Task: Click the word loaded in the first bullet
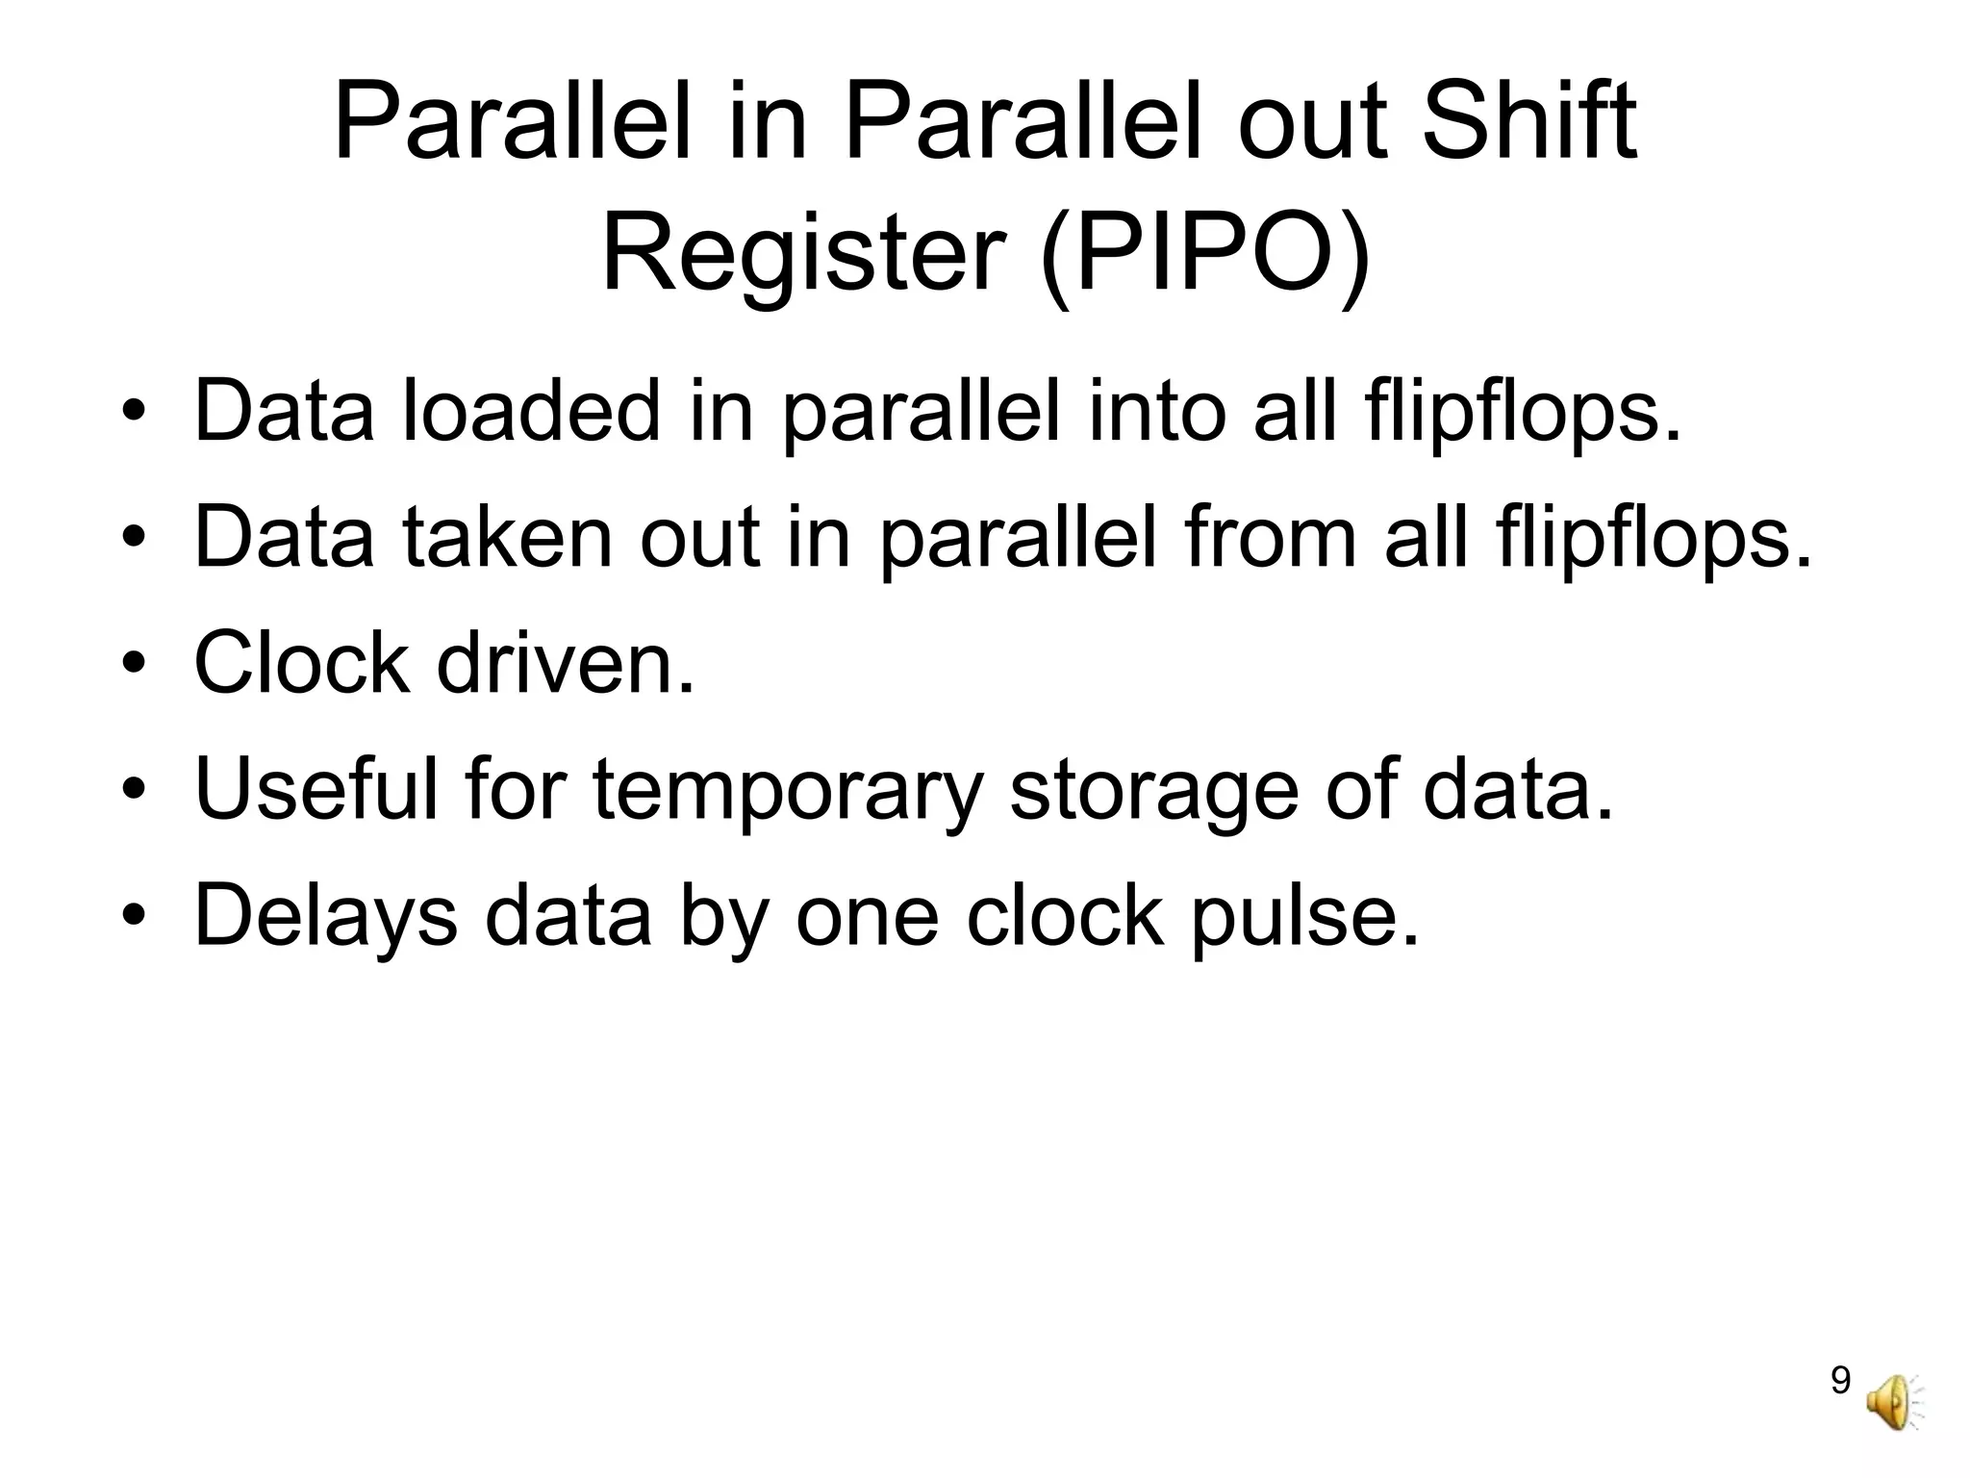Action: pos(532,412)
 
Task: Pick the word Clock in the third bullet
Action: pos(302,663)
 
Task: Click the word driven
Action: pos(565,663)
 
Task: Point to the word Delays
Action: pos(326,916)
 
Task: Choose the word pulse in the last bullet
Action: pos(1304,916)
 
